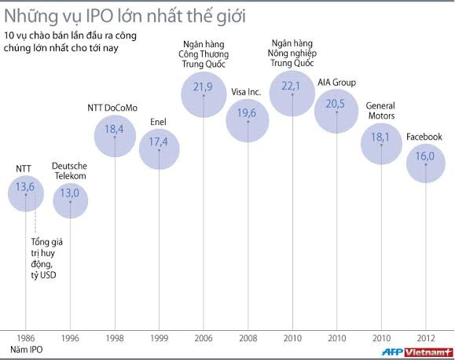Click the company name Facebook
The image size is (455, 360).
(424, 137)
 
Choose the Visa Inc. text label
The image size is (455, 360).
(248, 92)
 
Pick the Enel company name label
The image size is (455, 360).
(159, 122)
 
